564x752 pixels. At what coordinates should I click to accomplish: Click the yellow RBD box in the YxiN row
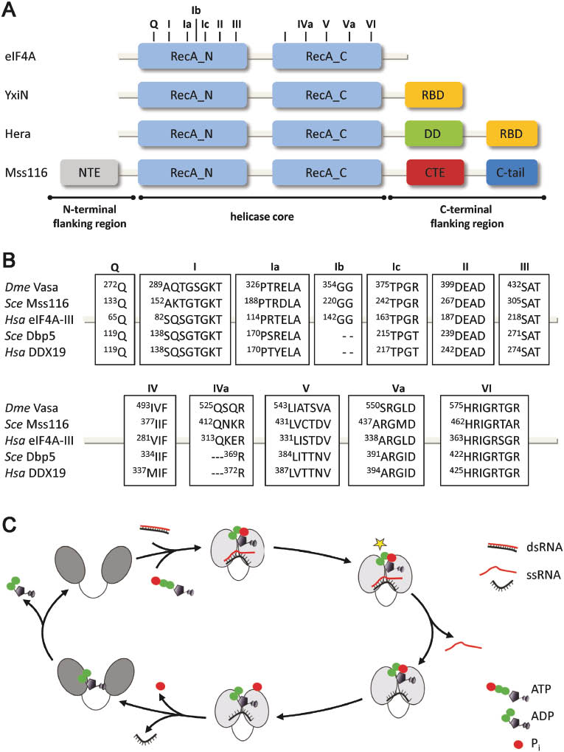coord(434,95)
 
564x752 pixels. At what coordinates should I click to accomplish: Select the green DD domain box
coord(434,134)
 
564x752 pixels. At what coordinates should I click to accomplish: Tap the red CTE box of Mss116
coord(434,173)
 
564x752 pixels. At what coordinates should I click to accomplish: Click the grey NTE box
coord(88,173)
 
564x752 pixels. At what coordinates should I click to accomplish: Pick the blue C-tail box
coord(512,173)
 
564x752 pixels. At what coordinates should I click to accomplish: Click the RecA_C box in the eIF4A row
coord(327,56)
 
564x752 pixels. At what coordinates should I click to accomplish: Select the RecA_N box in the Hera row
coord(192,134)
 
